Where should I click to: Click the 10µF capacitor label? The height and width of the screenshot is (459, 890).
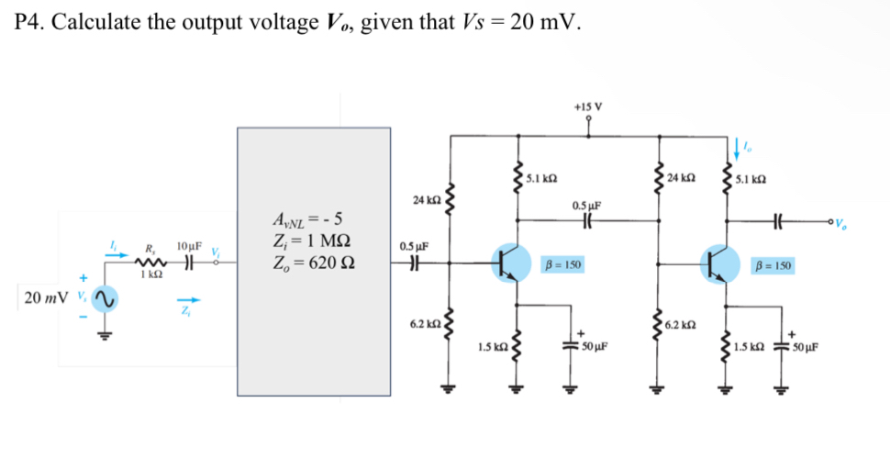tap(189, 246)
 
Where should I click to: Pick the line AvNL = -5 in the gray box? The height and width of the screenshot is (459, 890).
tap(307, 220)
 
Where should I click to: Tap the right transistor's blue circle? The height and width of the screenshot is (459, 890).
tap(719, 263)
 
